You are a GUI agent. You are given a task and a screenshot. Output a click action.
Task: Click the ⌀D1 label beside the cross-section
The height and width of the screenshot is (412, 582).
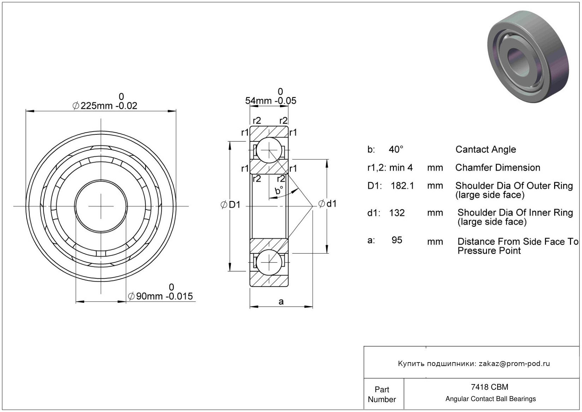pyautogui.click(x=230, y=205)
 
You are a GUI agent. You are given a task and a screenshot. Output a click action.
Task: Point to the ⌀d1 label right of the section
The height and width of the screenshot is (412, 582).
pyautogui.click(x=327, y=204)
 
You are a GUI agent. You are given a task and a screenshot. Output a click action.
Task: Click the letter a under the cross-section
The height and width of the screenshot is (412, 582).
pyautogui.click(x=281, y=302)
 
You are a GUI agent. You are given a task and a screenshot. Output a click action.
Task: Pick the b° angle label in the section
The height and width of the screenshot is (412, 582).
pyautogui.click(x=279, y=190)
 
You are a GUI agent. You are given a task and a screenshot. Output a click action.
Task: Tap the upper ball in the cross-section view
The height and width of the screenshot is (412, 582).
pyautogui.click(x=269, y=150)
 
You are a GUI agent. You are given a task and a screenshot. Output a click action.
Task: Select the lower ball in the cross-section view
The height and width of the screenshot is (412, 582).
pyautogui.click(x=269, y=262)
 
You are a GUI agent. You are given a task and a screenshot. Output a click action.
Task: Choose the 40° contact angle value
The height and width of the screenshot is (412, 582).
pyautogui.click(x=396, y=149)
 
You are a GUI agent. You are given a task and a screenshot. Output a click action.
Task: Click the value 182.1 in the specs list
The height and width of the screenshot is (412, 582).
pyautogui.click(x=402, y=186)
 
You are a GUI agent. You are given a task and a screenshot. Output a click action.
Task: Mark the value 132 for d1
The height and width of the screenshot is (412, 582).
pyautogui.click(x=397, y=213)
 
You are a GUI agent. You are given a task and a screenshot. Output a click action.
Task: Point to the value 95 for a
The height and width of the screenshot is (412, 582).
pyautogui.click(x=397, y=240)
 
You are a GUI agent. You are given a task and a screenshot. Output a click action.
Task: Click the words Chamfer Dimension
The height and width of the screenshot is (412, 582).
pyautogui.click(x=498, y=168)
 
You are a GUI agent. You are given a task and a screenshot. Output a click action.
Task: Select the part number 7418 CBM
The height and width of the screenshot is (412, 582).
pyautogui.click(x=489, y=387)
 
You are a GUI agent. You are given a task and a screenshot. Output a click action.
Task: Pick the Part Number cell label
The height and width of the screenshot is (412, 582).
pyautogui.click(x=382, y=394)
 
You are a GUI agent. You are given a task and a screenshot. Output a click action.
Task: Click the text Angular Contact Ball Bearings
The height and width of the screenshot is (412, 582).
pyautogui.click(x=490, y=399)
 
